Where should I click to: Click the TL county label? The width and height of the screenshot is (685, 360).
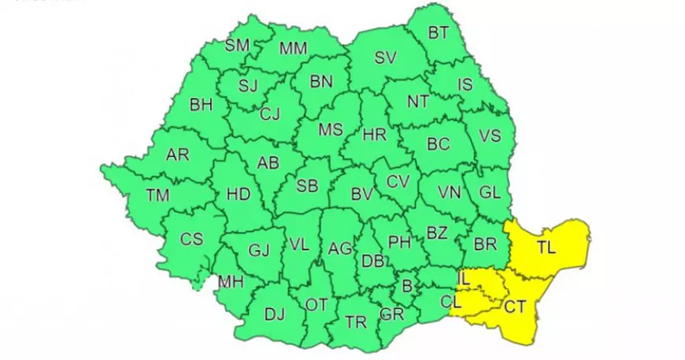point(546,248)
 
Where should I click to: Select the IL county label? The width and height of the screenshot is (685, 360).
point(465,279)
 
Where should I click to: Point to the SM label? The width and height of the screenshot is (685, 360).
point(237,45)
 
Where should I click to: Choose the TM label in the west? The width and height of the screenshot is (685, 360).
point(157,195)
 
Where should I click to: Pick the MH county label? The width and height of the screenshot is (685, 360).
point(231,281)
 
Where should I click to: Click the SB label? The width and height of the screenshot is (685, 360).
point(307,187)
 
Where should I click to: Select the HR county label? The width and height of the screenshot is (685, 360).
point(375,135)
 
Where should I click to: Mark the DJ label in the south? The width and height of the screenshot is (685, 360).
point(274,315)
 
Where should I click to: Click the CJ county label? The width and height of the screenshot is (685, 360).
point(270,114)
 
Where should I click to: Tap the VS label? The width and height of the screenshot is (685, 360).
point(490,135)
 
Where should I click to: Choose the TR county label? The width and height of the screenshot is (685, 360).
point(356,322)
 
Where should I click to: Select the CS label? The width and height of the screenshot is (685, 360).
point(192,239)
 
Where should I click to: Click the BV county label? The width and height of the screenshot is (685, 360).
point(361,194)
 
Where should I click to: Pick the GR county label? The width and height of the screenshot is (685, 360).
point(391,313)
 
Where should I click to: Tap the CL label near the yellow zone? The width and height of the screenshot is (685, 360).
point(449,301)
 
